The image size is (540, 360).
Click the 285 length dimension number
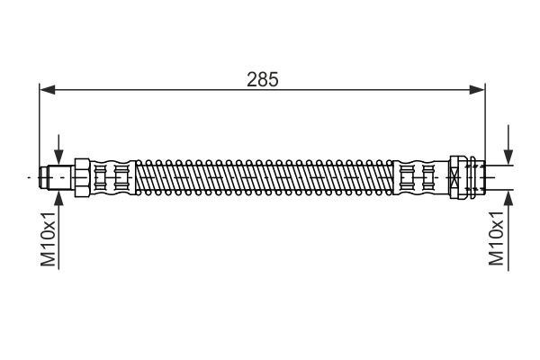263,78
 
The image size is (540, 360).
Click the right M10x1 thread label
495,238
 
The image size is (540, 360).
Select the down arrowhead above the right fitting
508,158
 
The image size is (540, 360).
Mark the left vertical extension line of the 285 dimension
40,126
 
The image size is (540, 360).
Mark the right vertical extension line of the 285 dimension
484,126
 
